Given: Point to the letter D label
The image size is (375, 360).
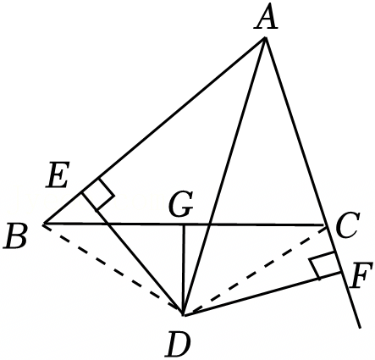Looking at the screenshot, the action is (179, 344).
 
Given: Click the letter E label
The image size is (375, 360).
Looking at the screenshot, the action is (58, 174).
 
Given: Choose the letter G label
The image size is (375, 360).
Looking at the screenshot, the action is (181, 204).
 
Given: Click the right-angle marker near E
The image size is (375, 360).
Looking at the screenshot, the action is (98, 195).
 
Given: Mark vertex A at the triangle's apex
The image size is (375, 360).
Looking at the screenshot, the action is (265, 37).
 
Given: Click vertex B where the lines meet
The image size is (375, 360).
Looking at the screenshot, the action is (44, 224).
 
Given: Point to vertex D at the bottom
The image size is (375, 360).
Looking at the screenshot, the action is (184, 314).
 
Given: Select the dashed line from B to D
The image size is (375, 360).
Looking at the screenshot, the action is (113, 269).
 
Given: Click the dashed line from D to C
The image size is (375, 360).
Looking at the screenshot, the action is (255, 270).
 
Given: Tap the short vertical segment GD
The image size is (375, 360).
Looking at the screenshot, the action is (184, 269).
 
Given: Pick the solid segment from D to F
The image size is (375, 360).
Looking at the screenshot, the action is (262, 294).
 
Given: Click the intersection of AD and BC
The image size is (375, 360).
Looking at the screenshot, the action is (209, 224).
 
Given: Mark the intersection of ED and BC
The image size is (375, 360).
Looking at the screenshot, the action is (108, 224).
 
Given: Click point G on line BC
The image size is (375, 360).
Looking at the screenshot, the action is (184, 224).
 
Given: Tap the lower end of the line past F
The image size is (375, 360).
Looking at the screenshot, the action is (360, 328).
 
